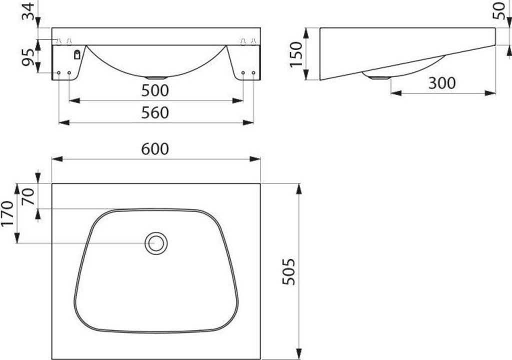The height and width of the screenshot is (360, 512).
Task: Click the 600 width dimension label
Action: [155, 149]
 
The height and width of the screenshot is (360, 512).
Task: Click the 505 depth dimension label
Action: [289, 271]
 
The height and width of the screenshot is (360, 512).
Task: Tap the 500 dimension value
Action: [155, 90]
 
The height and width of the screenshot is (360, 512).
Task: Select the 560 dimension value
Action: [155, 112]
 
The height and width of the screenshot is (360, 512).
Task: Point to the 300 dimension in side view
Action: [442, 83]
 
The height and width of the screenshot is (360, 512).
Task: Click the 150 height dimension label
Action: [296, 54]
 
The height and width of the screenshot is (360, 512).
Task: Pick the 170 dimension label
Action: [7, 213]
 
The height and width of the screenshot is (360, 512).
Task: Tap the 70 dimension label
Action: [28, 196]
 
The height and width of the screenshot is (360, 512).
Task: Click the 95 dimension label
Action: [28, 57]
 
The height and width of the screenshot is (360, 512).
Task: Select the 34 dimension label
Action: [28, 11]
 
